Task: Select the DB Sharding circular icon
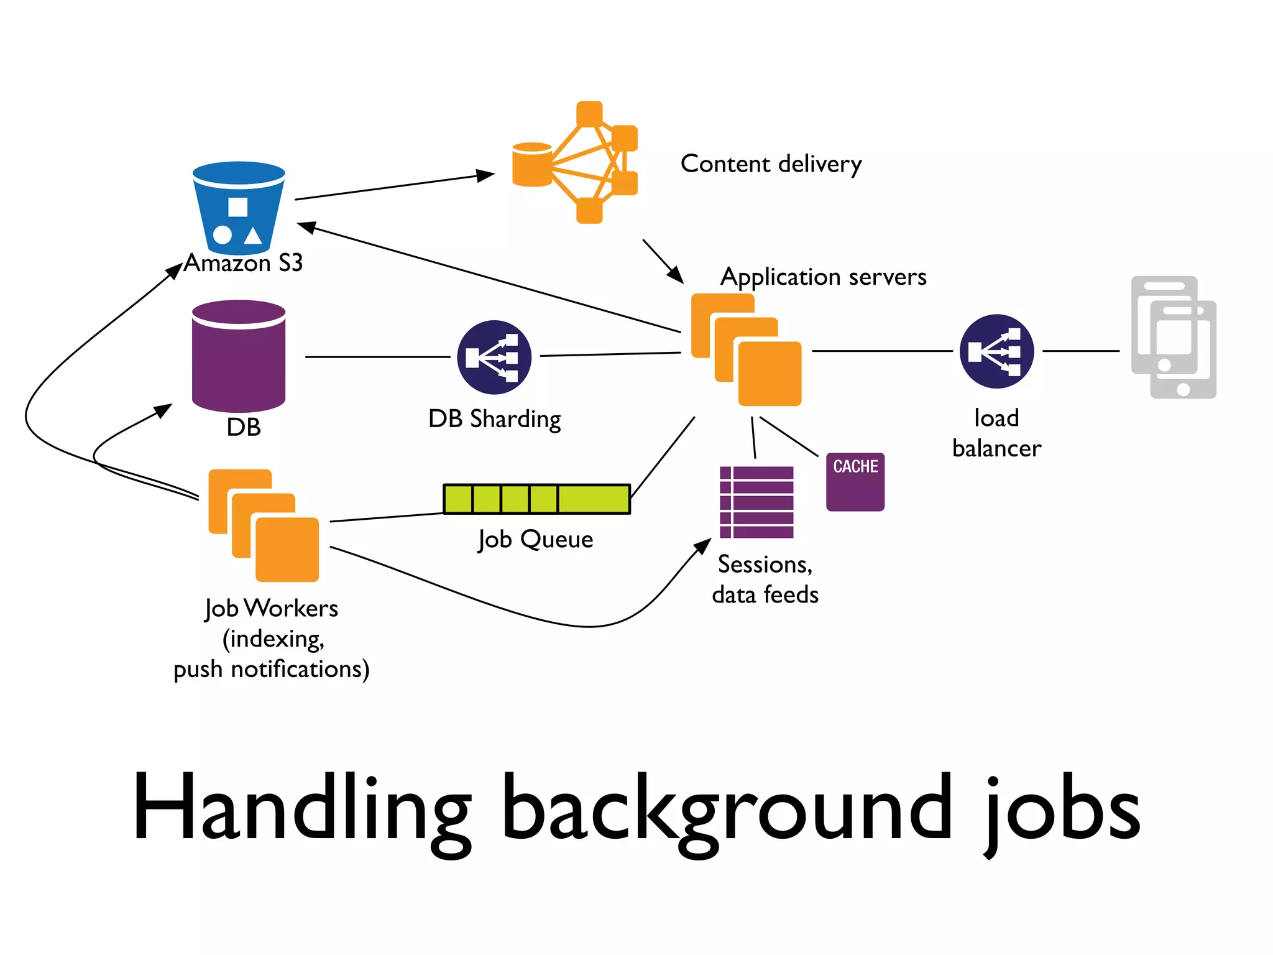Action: click(x=494, y=357)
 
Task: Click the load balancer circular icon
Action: click(x=996, y=351)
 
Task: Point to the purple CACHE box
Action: click(x=855, y=482)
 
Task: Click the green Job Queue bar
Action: click(x=536, y=499)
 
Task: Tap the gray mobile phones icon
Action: click(x=1174, y=337)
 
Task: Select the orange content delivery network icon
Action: click(x=576, y=163)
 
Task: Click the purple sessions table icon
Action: click(x=756, y=502)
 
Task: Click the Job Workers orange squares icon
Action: click(x=264, y=525)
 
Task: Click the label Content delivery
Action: click(x=771, y=164)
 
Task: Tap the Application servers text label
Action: click(x=823, y=277)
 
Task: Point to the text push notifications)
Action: click(x=271, y=670)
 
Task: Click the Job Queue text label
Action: click(x=536, y=539)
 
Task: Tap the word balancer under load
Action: click(x=996, y=448)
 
